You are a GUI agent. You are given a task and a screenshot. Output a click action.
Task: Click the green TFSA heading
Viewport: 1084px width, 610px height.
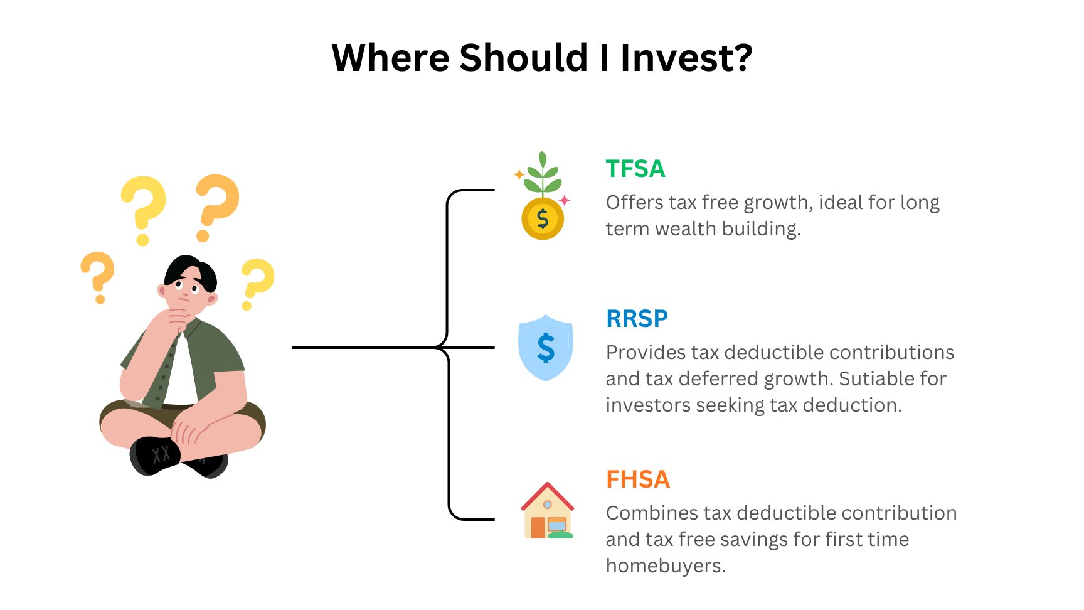tap(635, 169)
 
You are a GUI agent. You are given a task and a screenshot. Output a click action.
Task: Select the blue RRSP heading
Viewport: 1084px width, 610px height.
tap(637, 319)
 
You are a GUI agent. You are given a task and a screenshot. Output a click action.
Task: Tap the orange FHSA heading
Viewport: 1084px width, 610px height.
tap(637, 479)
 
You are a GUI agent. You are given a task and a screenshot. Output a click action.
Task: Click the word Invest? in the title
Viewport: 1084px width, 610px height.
tap(686, 58)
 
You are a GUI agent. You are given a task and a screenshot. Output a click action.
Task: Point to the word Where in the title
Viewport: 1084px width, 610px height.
tap(390, 58)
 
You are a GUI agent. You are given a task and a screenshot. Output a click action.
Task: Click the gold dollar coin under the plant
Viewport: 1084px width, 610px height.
tap(543, 219)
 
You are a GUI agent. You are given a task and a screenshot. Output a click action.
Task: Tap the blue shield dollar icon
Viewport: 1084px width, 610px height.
tap(545, 348)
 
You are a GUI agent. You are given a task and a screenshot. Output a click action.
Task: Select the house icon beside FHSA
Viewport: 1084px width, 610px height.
tap(547, 511)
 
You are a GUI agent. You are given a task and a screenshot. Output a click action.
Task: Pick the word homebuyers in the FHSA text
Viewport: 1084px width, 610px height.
tap(664, 566)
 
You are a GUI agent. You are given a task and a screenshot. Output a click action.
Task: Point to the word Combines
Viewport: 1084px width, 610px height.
tap(652, 513)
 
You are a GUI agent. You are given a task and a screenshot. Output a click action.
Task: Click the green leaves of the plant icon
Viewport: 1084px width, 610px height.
tap(543, 175)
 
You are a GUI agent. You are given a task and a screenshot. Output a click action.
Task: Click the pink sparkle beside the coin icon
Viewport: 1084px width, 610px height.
tap(565, 200)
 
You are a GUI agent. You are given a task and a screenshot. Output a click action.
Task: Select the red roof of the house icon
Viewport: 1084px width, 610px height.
tap(547, 492)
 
